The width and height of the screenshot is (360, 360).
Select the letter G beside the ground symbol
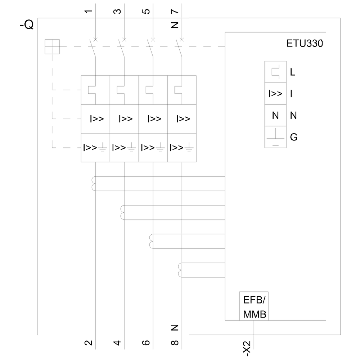[293, 137]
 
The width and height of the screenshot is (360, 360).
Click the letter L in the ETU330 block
[292, 72]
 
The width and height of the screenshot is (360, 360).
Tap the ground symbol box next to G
[275, 137]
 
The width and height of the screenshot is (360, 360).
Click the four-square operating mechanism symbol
[52, 47]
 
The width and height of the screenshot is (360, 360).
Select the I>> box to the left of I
[275, 94]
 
